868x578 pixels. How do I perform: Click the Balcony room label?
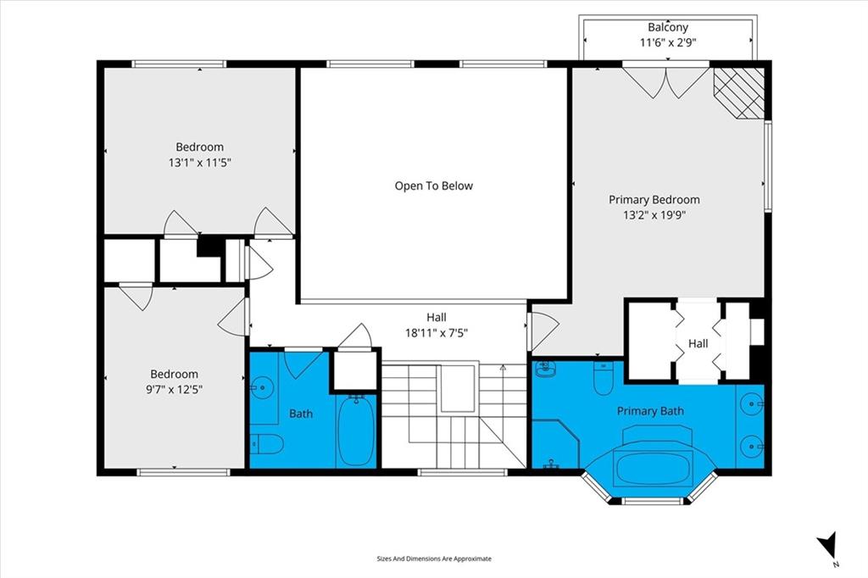pyautogui.click(x=668, y=27)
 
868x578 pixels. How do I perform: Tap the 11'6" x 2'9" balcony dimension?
pyautogui.click(x=668, y=42)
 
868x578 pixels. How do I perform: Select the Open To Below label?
pyautogui.click(x=433, y=186)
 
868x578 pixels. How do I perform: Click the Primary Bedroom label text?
pyautogui.click(x=654, y=200)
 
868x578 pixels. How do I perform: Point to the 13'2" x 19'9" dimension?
pyautogui.click(x=654, y=215)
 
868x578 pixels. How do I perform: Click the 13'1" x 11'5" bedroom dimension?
pyautogui.click(x=199, y=163)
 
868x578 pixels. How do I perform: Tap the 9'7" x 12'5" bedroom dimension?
pyautogui.click(x=174, y=390)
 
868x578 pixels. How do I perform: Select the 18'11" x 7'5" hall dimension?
pyautogui.click(x=437, y=333)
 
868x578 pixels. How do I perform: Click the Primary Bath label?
pyautogui.click(x=650, y=411)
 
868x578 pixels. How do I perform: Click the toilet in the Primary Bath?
pyautogui.click(x=603, y=378)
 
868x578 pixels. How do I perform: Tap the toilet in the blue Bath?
pyautogui.click(x=267, y=443)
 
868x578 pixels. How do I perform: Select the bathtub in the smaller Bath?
pyautogui.click(x=356, y=431)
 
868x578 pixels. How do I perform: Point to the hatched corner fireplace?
pyautogui.click(x=739, y=93)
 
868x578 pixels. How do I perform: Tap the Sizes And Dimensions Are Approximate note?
pyautogui.click(x=434, y=559)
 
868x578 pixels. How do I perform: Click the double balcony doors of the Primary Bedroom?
pyautogui.click(x=666, y=82)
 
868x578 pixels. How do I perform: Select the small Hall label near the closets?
pyautogui.click(x=698, y=344)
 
